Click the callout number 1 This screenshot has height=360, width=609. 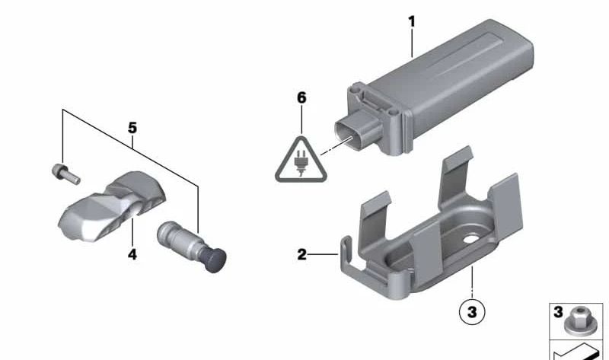pos(412,21)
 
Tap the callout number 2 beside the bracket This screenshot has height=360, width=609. pos(302,255)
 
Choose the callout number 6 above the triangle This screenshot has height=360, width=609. pos(301,97)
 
